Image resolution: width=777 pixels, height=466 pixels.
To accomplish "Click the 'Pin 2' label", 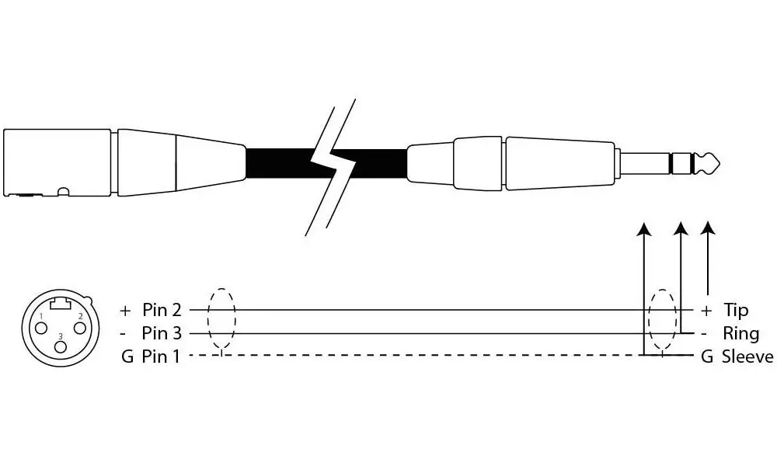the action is [x=162, y=310].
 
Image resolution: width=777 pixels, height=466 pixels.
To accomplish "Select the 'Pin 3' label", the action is [x=162, y=333].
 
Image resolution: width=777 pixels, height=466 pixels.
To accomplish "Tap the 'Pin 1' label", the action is [x=161, y=356].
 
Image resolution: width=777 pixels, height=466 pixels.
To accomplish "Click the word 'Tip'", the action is [x=736, y=311].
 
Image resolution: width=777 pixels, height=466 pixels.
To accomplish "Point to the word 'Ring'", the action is [x=740, y=334].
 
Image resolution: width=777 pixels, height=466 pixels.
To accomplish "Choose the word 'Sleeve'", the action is [x=747, y=356].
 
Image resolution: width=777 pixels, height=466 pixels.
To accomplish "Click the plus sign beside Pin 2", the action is [x=125, y=311].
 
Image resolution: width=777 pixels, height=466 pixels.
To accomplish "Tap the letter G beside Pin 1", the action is [x=127, y=356].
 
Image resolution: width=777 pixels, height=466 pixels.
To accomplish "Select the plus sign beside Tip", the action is [x=706, y=311].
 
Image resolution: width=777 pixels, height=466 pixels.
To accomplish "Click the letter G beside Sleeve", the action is [x=706, y=356].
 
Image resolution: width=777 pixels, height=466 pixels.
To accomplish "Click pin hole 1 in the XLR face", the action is [x=42, y=328].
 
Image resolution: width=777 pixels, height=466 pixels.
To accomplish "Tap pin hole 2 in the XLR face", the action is [x=80, y=328].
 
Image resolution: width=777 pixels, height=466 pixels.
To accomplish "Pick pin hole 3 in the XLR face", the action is [x=61, y=346].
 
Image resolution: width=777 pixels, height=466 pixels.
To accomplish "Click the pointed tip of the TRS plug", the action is [x=720, y=163].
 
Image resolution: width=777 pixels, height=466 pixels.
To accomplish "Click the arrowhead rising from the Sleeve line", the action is [x=643, y=228].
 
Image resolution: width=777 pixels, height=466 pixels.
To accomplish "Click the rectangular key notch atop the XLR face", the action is [x=61, y=304].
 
